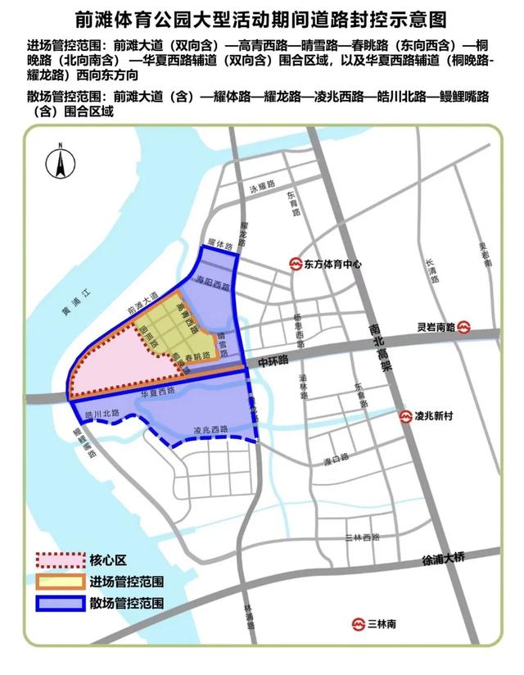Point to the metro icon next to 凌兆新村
coord(405,417)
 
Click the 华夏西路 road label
coord(160,392)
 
